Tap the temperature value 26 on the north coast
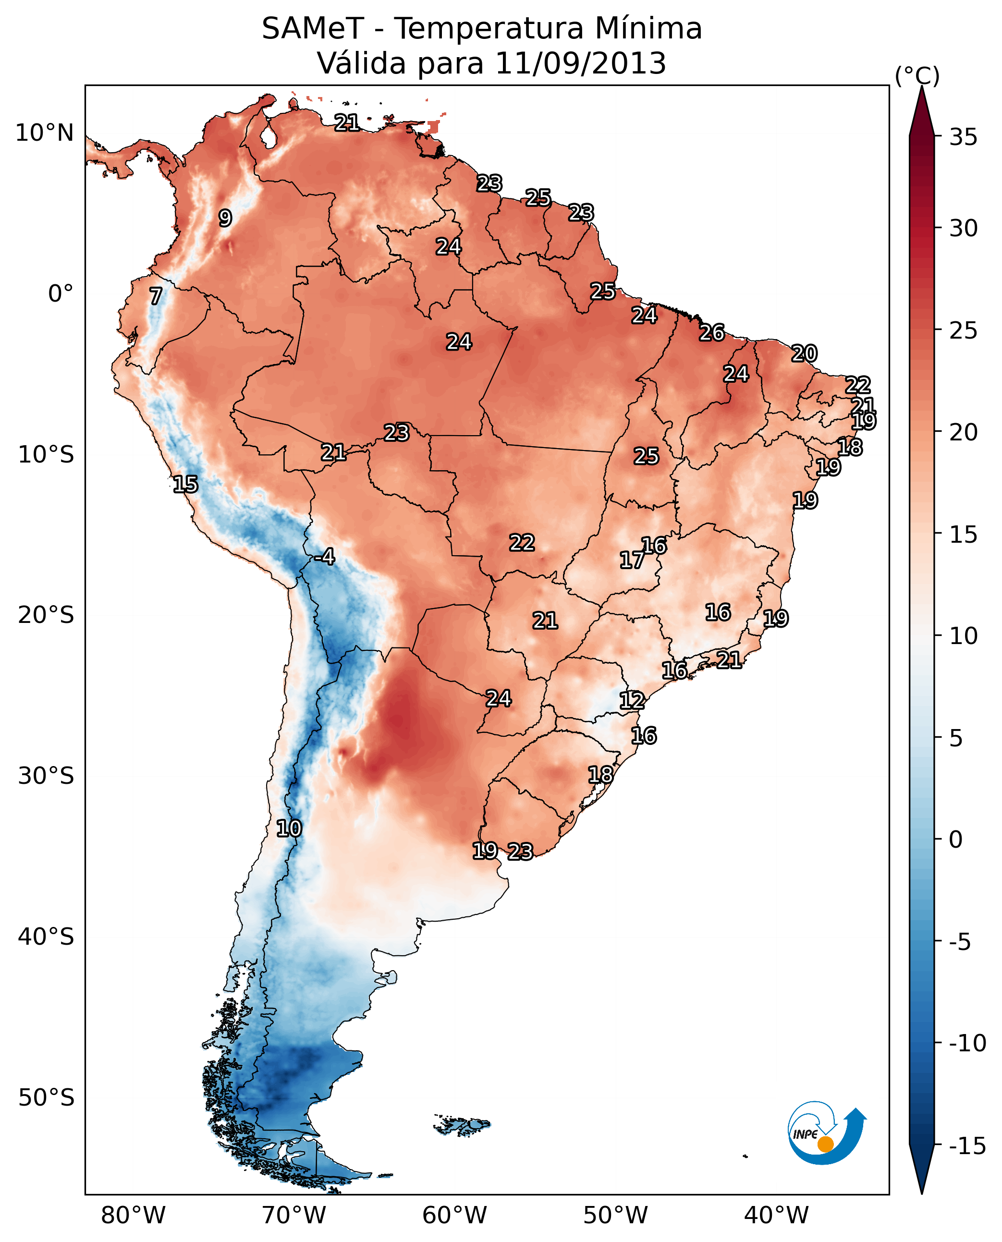[712, 332]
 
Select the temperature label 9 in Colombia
[225, 218]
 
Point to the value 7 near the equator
[155, 296]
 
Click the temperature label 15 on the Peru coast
[185, 484]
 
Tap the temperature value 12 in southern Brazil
[632, 701]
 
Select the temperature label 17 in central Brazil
[632, 560]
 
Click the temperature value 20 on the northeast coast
[804, 353]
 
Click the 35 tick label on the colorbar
[963, 137]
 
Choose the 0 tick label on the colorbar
[956, 839]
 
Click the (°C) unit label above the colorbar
[917, 75]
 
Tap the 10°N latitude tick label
[45, 134]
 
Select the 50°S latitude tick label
[46, 1098]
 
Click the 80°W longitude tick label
[134, 1216]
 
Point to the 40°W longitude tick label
[776, 1216]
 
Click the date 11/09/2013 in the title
[581, 63]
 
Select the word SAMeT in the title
[312, 29]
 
